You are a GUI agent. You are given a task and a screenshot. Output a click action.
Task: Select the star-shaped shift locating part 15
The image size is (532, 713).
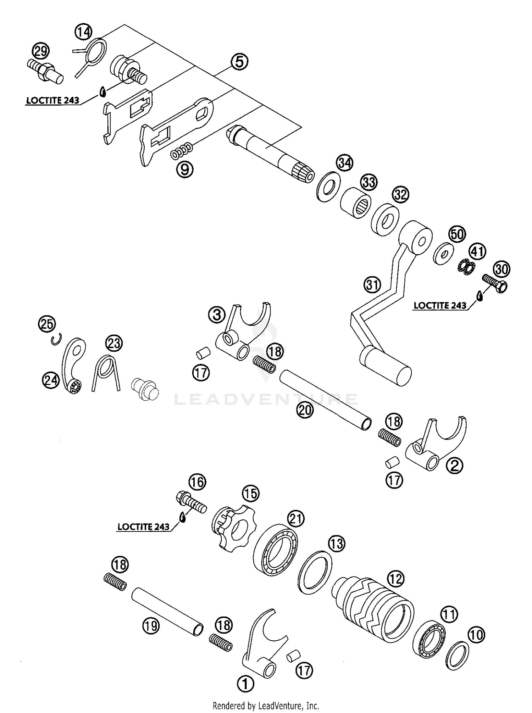click(x=232, y=528)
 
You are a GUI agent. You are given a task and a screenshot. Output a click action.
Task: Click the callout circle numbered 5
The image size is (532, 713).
click(x=240, y=62)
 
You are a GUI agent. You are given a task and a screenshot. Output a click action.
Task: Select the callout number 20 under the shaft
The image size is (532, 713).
click(x=305, y=410)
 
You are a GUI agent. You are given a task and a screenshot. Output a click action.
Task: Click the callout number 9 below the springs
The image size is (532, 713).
click(x=185, y=169)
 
